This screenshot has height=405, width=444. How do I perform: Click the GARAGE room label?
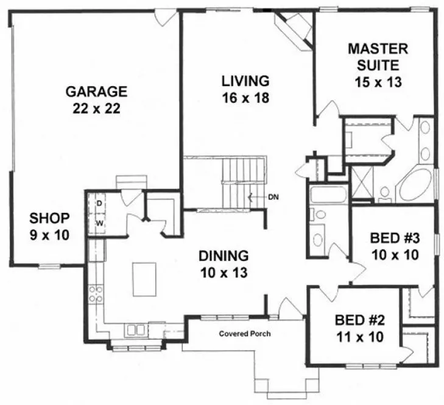coord(96,91)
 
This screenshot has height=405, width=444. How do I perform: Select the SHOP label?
coord(50,218)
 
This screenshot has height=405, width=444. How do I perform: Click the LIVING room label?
coord(245,81)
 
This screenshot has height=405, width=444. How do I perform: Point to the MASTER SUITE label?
coord(374,56)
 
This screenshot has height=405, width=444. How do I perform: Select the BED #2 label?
coord(359,321)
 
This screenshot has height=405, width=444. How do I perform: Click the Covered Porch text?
coord(245,334)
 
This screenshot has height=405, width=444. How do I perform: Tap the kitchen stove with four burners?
coord(96,295)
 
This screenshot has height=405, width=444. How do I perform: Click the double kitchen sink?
coord(136,330)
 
